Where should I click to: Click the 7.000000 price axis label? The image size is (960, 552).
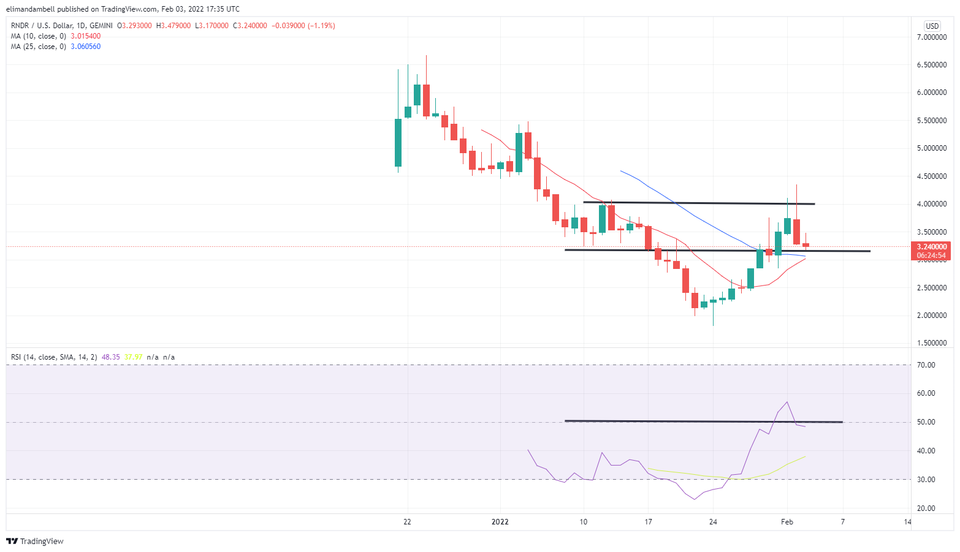pyautogui.click(x=931, y=37)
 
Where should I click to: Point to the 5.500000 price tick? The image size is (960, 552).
pyautogui.click(x=931, y=121)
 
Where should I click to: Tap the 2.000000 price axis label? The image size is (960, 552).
pyautogui.click(x=931, y=316)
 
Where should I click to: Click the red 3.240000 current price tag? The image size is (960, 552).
pyautogui.click(x=931, y=247)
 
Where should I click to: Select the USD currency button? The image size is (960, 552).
pyautogui.click(x=932, y=26)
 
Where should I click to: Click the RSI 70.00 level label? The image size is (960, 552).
pyautogui.click(x=926, y=365)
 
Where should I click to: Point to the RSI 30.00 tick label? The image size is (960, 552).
pyautogui.click(x=926, y=480)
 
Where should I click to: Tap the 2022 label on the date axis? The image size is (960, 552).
pyautogui.click(x=500, y=522)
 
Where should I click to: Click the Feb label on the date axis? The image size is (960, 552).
pyautogui.click(x=787, y=522)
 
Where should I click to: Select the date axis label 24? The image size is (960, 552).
pyautogui.click(x=713, y=522)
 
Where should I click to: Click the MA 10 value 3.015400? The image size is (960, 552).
pyautogui.click(x=86, y=36)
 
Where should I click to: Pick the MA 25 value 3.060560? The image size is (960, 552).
pyautogui.click(x=86, y=47)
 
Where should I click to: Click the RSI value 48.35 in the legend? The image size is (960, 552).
pyautogui.click(x=110, y=357)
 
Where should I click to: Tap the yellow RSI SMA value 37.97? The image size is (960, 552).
pyautogui.click(x=133, y=357)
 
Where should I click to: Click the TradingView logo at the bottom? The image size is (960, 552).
pyautogui.click(x=35, y=541)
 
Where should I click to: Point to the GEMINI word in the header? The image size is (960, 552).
pyautogui.click(x=101, y=26)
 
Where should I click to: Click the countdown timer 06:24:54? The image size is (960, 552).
pyautogui.click(x=931, y=255)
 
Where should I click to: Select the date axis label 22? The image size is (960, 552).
pyautogui.click(x=407, y=522)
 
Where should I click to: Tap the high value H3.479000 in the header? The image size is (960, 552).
pyautogui.click(x=173, y=26)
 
